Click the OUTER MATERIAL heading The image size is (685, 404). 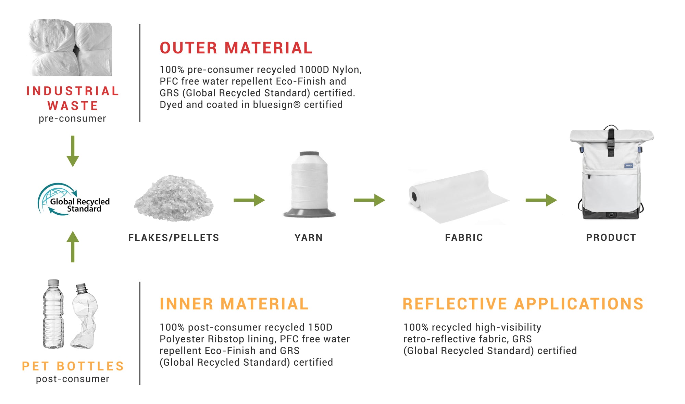point(236,48)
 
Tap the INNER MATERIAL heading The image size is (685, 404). point(234,304)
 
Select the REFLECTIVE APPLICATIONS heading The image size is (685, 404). point(523,304)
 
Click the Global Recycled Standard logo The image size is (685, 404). point(74,199)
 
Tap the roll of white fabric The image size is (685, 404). point(458,197)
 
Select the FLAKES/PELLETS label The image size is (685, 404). point(174,238)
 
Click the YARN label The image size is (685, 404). point(309,238)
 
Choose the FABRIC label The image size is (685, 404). point(464,238)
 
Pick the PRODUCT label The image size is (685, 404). point(611,238)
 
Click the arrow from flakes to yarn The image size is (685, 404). point(249,200)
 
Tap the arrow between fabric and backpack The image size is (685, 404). point(541,200)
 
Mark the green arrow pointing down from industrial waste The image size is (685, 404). point(73,151)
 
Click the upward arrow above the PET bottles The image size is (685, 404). point(73,247)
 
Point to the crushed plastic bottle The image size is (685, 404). point(85,316)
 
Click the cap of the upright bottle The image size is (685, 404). point(53,283)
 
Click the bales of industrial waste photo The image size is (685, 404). point(71,48)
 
